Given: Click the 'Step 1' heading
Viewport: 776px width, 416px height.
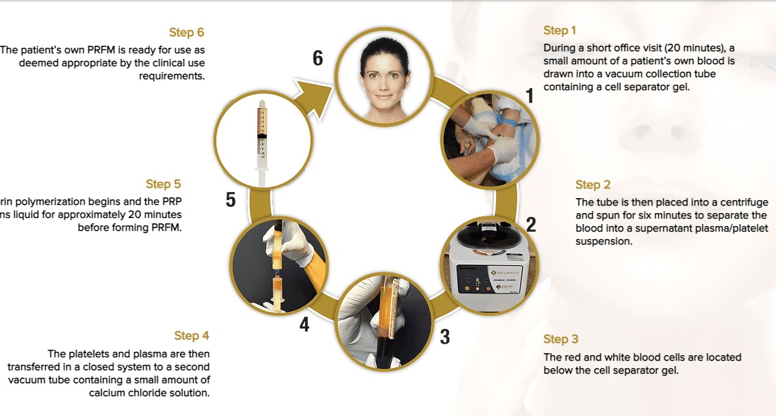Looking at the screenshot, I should point(560,30).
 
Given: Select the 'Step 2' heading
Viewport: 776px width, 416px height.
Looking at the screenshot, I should point(592,184).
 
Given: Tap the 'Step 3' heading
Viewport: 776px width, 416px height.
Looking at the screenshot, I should point(560,339).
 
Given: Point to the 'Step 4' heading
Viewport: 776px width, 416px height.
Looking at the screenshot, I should point(192,335).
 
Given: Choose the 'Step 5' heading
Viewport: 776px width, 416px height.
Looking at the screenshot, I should point(163,184).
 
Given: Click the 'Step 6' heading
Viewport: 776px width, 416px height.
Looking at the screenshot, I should point(186,32).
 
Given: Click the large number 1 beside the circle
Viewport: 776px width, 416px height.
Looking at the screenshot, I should point(529,96).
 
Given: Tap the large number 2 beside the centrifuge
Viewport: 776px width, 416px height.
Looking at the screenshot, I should point(531,224).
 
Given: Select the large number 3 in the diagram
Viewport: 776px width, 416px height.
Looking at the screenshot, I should point(444,337).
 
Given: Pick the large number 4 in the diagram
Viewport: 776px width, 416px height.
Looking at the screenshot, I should point(304,324).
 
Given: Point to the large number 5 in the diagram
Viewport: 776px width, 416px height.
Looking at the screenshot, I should point(231,199).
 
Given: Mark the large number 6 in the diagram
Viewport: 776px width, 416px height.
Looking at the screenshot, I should point(317,59).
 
